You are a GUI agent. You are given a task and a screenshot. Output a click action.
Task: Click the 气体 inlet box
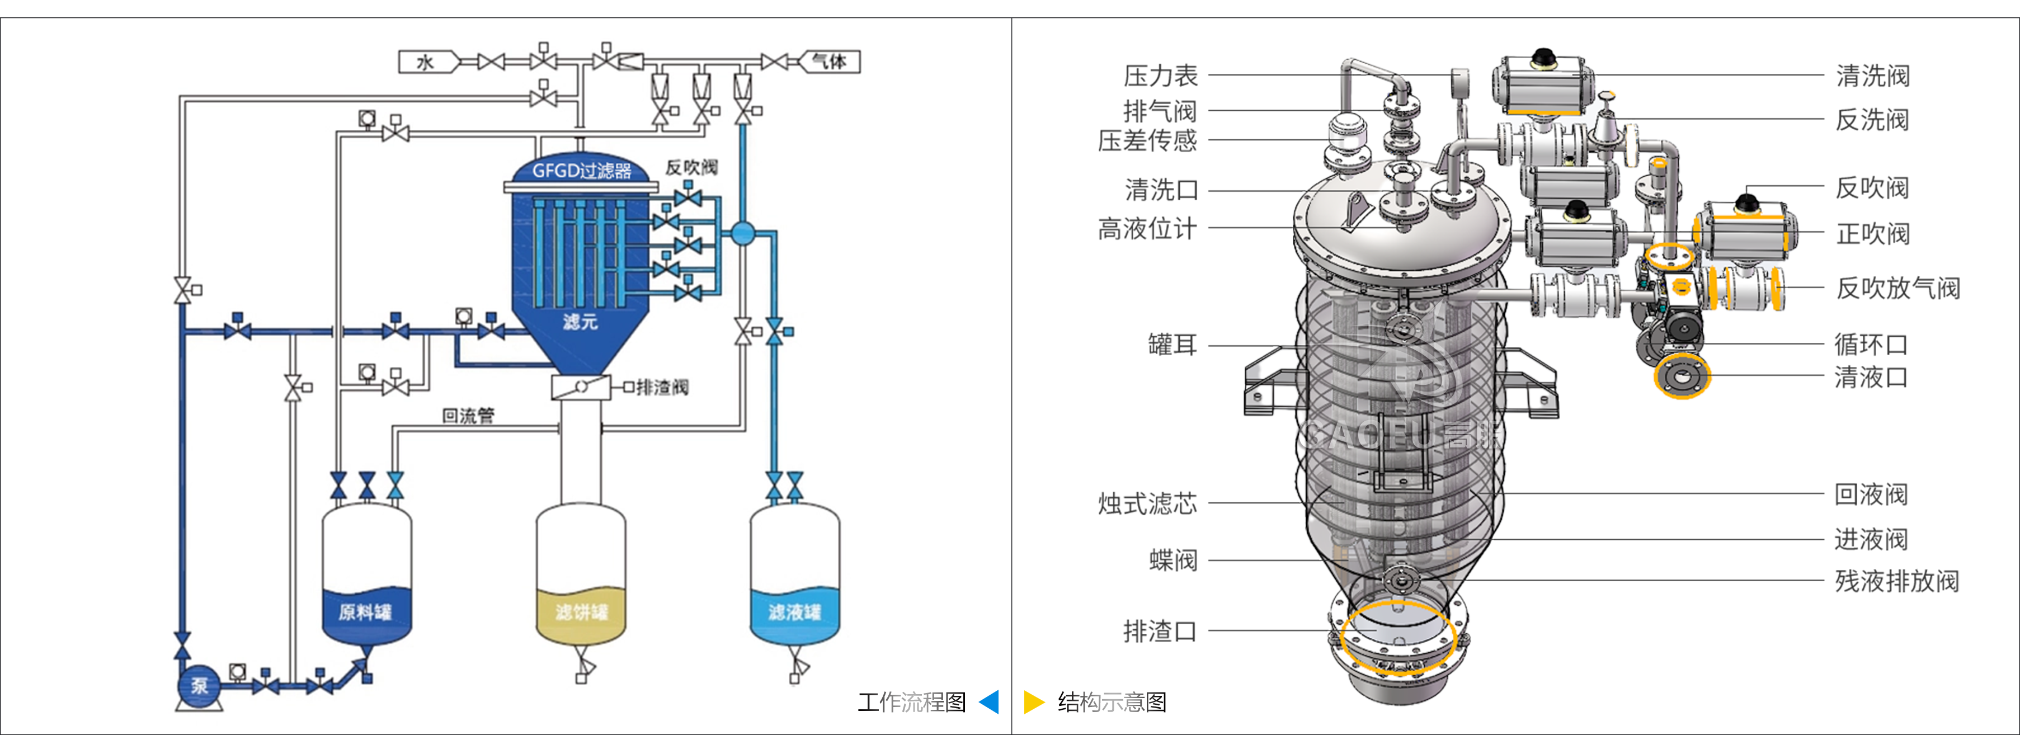tap(830, 62)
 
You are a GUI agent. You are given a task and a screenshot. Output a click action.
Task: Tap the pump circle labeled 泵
tap(199, 685)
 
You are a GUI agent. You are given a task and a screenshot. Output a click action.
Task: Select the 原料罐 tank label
tap(365, 612)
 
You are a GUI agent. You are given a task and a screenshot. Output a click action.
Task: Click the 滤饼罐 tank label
tap(581, 612)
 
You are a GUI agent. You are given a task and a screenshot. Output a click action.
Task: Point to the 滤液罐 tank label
tap(794, 612)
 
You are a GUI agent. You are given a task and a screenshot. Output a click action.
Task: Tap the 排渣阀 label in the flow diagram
tap(662, 388)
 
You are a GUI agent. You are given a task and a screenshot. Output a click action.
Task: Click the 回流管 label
tap(468, 416)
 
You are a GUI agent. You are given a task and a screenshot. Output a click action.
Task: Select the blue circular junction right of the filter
tap(742, 233)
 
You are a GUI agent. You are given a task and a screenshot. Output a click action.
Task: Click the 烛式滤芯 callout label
tap(1147, 503)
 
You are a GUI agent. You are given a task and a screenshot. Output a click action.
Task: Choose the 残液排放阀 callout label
tap(1896, 581)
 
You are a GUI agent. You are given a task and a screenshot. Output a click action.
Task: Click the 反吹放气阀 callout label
tap(1897, 288)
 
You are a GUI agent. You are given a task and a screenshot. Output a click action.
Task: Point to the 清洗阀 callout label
tap(1872, 76)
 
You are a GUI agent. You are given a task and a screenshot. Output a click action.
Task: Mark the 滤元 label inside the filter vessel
tap(580, 322)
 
